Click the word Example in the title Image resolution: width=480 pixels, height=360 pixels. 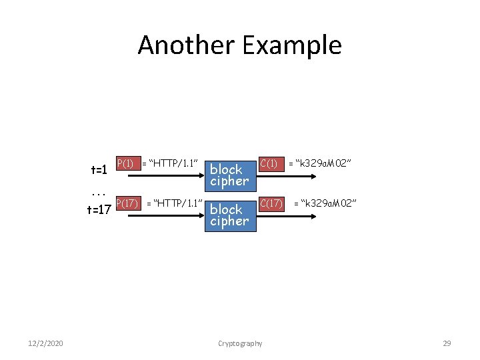tap(291, 45)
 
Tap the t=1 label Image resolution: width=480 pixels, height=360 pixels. tap(99, 170)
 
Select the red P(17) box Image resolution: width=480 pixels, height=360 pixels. tap(128, 203)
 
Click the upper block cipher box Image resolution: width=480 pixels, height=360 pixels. tap(229, 175)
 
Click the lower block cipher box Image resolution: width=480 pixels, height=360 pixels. tap(229, 215)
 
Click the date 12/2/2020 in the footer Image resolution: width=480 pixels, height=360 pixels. tap(46, 343)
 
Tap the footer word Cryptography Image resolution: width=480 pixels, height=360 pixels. tap(240, 343)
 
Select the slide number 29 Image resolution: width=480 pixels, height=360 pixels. tap(447, 343)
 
